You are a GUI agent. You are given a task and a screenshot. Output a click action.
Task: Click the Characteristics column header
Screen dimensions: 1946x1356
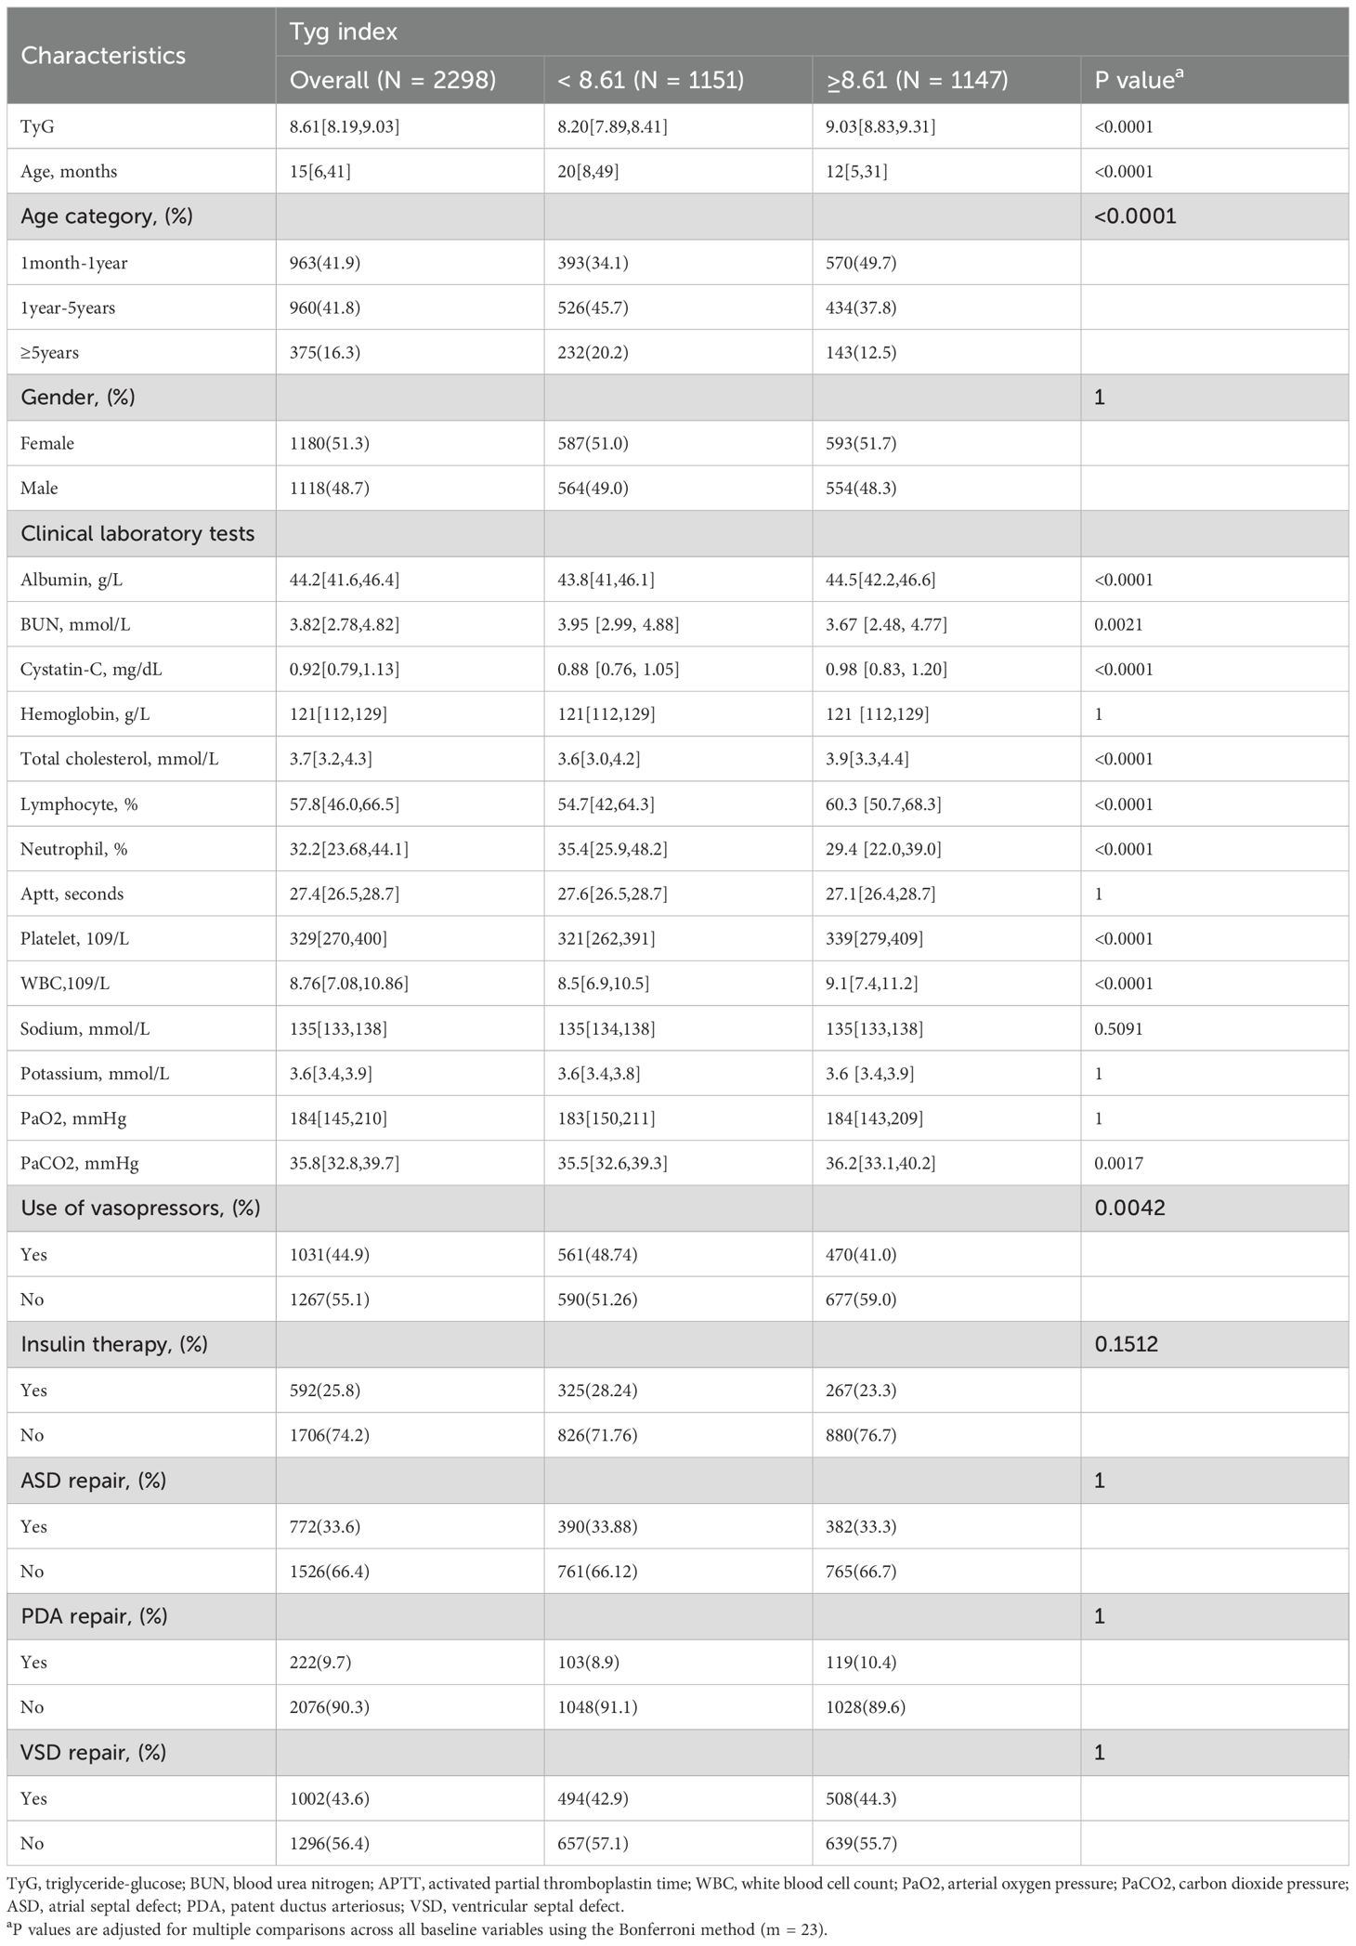point(103,56)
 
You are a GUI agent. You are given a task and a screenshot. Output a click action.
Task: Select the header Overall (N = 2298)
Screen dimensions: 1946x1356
point(392,80)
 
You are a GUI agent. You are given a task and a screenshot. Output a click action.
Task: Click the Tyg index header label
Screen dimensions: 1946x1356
point(343,32)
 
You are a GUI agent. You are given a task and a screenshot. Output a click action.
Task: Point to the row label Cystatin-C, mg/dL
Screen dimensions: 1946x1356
point(91,669)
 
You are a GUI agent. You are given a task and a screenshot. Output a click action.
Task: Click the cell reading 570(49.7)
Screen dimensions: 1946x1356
point(861,263)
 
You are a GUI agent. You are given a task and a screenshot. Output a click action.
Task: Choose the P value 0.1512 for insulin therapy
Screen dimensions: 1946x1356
point(1126,1344)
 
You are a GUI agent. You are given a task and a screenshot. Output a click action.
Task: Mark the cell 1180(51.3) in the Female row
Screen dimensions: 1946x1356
point(329,443)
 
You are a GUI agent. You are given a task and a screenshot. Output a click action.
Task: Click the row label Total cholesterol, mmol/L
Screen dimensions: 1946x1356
point(119,759)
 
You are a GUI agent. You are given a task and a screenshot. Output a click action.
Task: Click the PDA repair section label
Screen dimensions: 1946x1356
point(94,1615)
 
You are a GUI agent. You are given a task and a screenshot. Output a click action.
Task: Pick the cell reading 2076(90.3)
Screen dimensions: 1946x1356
point(329,1706)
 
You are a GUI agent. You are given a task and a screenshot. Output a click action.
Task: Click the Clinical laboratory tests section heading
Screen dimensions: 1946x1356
point(137,533)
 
